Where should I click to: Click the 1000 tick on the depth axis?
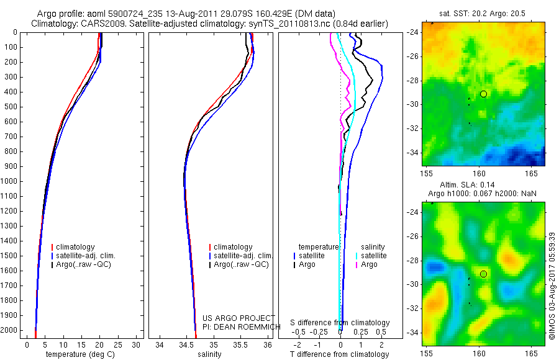click(10, 181)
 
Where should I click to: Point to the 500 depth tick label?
click(10, 107)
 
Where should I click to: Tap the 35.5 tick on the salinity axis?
click(240, 344)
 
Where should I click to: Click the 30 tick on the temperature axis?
click(137, 344)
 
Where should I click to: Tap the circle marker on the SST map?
click(483, 94)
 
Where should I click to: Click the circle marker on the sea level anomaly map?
click(483, 274)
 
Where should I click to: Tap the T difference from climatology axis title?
click(339, 354)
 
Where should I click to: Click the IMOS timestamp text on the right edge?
click(553, 286)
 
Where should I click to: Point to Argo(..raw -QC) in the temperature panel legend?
click(87, 264)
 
